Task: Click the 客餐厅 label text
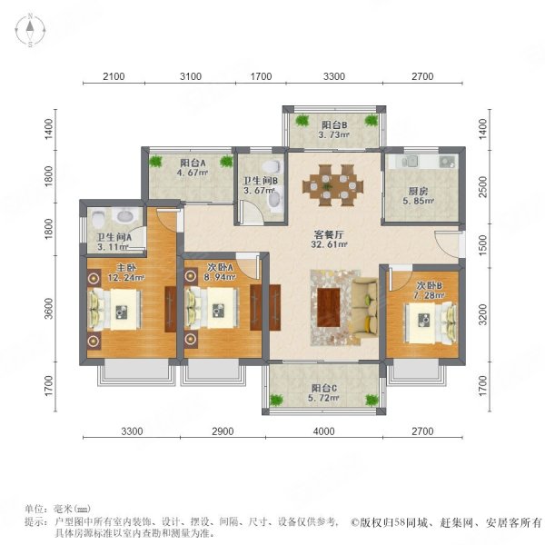pos(332,232)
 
